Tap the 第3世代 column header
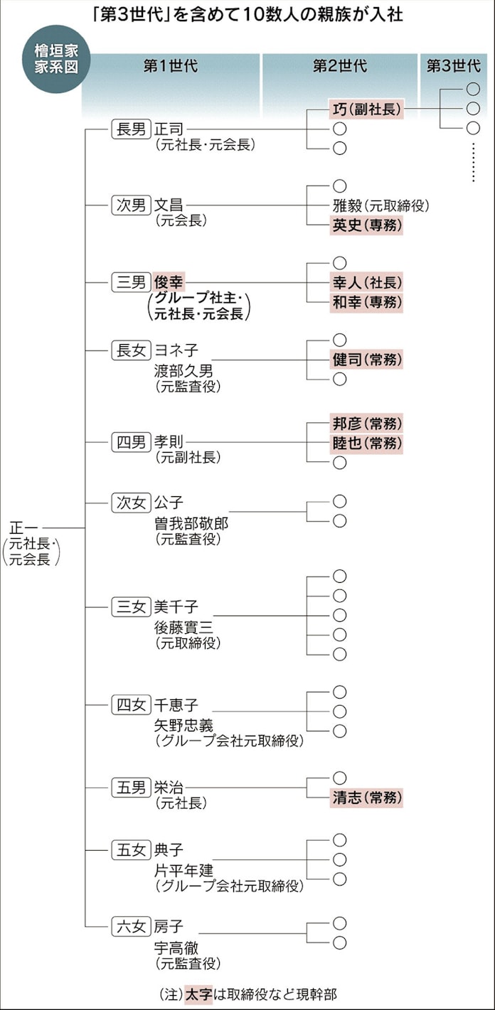pos(454,67)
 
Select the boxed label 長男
pos(130,129)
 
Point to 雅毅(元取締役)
pos(380,206)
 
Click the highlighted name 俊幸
pos(169,282)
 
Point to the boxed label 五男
pos(130,788)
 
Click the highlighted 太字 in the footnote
pos(193,992)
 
